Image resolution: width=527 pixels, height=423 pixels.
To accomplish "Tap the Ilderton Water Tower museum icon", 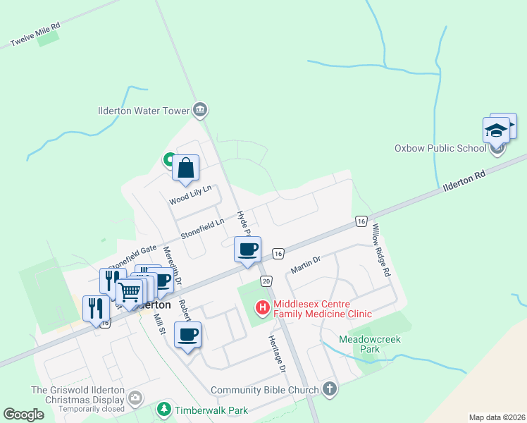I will click(x=200, y=110).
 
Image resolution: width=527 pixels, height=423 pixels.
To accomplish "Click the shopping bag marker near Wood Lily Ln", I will click(x=186, y=168).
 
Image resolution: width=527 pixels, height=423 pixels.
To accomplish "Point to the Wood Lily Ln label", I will click(x=190, y=197).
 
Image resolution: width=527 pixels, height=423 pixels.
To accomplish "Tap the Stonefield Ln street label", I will click(x=202, y=226).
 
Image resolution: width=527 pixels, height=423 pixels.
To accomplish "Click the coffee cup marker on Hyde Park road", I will click(x=247, y=250).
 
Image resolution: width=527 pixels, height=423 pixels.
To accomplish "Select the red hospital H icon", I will click(x=263, y=307).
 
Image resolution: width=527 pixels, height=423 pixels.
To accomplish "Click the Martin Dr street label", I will click(x=305, y=265).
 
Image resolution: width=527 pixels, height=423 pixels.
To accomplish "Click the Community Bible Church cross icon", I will click(x=330, y=389).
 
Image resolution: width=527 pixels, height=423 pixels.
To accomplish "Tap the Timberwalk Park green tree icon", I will click(x=163, y=409).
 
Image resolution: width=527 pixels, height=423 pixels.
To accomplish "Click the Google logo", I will click(x=24, y=415).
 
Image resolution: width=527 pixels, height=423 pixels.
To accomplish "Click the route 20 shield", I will click(x=266, y=281).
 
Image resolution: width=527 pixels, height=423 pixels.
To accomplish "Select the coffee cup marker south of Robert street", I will click(x=187, y=335).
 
